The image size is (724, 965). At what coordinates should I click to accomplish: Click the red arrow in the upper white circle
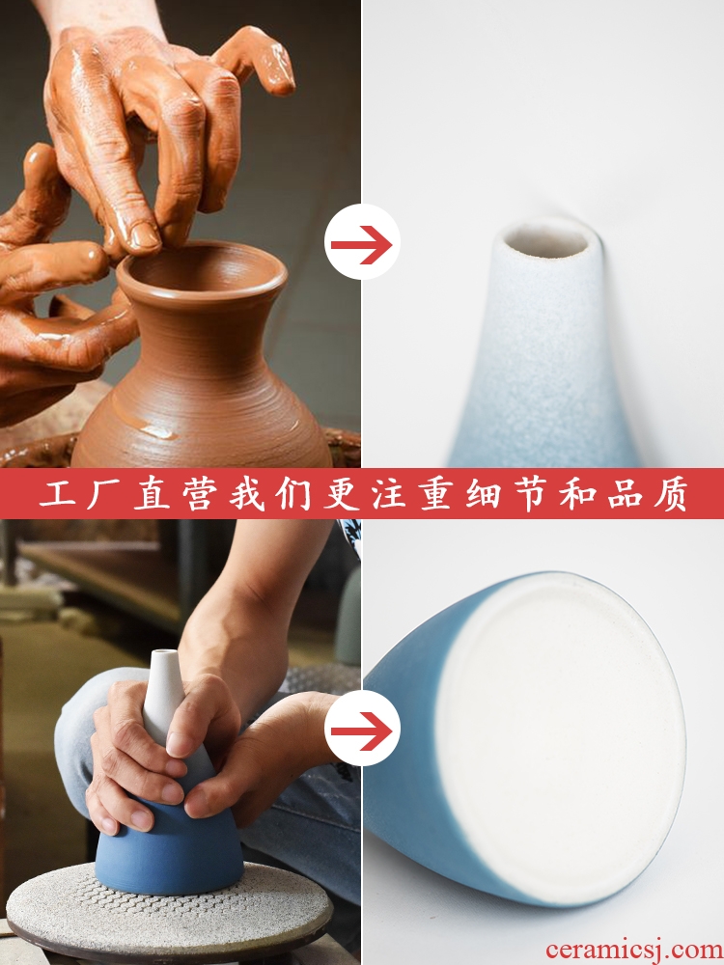361,244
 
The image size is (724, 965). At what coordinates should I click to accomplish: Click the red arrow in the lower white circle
361,731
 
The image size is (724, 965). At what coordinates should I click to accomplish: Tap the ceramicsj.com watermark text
634,950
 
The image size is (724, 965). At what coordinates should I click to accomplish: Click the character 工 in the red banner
59,493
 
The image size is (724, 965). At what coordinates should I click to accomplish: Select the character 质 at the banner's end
670,493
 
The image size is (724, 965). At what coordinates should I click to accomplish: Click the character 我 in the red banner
247,493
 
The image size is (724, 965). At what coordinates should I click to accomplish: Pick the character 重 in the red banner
437,493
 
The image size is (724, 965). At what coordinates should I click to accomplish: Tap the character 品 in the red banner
625,493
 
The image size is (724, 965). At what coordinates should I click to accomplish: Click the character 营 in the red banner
201,493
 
